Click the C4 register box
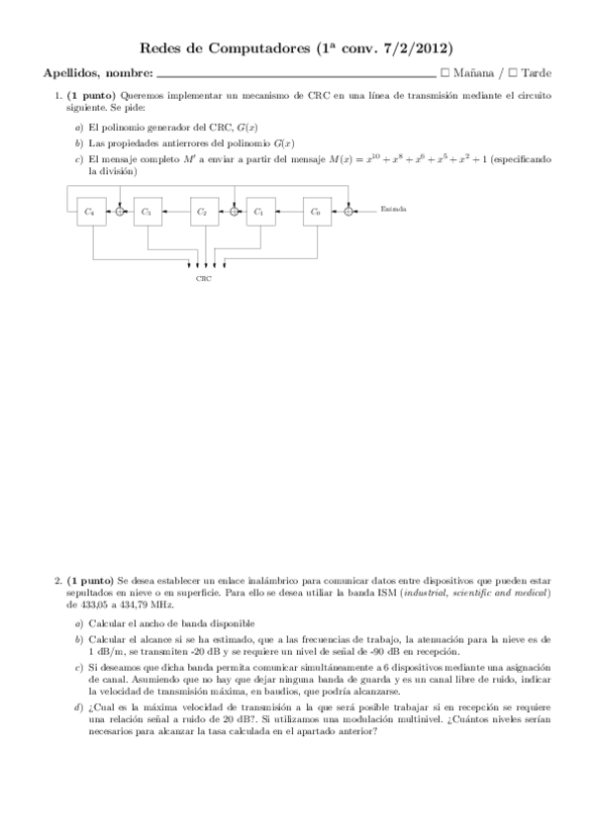click(x=91, y=211)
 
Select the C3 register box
click(x=147, y=211)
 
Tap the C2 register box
click(x=202, y=211)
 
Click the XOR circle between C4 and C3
click(x=120, y=211)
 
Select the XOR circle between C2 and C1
click(x=234, y=211)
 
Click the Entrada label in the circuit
click(x=393, y=211)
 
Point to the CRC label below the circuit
click(x=203, y=279)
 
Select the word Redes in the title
click(x=150, y=46)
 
